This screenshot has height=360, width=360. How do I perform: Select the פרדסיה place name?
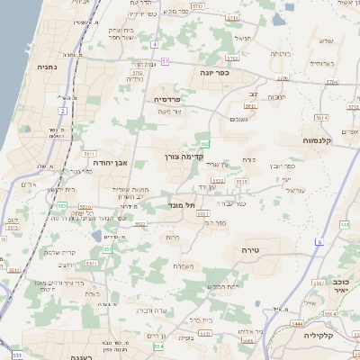167,99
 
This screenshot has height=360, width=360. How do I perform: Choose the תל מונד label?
184,206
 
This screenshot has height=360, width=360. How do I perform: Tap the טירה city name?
250,247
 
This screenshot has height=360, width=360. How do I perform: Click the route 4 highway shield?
155,43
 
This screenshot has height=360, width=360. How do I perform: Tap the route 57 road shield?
166,61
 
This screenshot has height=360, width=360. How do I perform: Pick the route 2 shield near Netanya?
63,111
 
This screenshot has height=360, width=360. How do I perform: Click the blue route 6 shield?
319,242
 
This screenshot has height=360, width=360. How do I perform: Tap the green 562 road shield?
205,144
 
